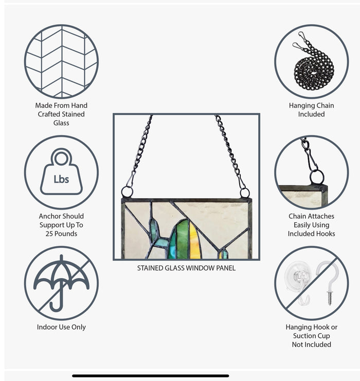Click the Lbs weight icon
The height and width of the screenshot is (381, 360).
[61, 171]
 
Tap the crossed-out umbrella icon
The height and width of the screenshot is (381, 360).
[61, 283]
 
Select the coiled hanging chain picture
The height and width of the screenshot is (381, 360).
[313, 62]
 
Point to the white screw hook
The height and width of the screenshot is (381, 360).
[328, 282]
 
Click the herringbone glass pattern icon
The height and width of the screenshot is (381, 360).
[61, 61]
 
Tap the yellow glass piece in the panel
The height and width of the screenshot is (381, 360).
[195, 240]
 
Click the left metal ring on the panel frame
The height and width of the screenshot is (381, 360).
[127, 192]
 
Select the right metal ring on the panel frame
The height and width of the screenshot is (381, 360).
[245, 193]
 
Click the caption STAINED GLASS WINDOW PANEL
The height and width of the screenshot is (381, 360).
[186, 268]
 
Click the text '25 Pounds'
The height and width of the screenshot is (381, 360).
[61, 234]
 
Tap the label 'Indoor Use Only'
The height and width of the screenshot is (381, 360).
[61, 327]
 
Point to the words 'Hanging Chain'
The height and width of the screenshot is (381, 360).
[312, 106]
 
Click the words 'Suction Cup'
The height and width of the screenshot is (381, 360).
[312, 336]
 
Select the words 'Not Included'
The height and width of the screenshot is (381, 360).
[312, 344]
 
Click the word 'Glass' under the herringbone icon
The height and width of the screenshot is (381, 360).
[61, 123]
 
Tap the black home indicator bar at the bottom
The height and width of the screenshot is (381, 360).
[151, 376]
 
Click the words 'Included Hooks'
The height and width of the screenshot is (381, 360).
[312, 234]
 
